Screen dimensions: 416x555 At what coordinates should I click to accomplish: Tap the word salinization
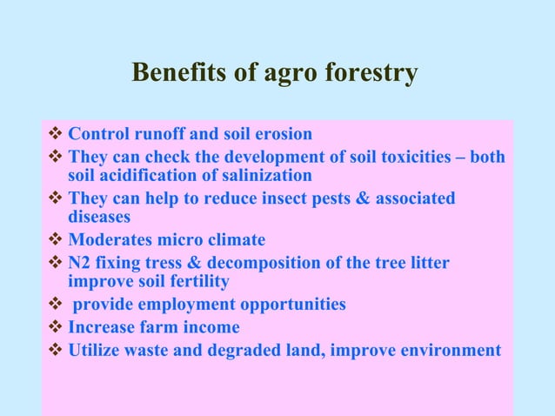[268, 175]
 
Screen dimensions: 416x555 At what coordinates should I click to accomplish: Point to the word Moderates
[109, 239]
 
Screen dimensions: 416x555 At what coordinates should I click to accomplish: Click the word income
[211, 327]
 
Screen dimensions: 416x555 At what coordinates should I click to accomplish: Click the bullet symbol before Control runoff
[56, 135]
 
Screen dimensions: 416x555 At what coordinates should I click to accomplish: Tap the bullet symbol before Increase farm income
[56, 327]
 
